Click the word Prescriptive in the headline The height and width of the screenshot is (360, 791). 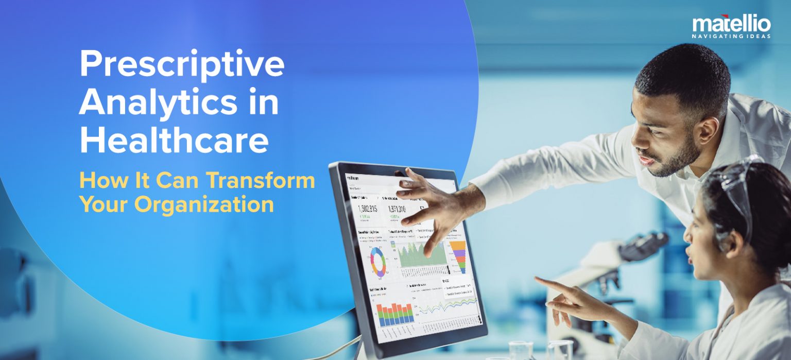coord(181,65)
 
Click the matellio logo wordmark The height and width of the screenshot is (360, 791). coord(731,24)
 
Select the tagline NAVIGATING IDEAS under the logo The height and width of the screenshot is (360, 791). coord(731,36)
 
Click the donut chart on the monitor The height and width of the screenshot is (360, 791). coord(378,261)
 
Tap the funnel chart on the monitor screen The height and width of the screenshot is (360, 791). coord(458,256)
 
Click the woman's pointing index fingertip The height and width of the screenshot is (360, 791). coord(537,279)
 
